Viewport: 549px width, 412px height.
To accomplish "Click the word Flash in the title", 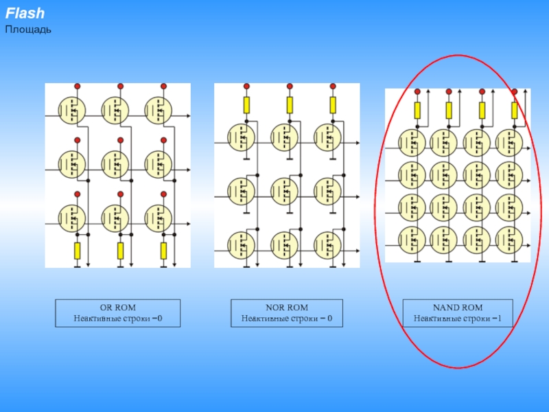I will (x=25, y=14).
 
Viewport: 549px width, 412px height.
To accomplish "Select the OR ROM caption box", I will (x=118, y=312).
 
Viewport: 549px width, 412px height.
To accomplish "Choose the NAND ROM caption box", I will (x=458, y=312).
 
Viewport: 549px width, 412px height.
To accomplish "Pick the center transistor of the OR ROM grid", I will (x=115, y=164).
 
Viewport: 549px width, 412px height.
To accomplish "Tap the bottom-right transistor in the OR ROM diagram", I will (x=159, y=218).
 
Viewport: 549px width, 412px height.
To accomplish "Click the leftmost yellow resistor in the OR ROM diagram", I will (x=77, y=251).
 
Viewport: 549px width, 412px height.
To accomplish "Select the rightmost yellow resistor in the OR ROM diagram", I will (x=163, y=251).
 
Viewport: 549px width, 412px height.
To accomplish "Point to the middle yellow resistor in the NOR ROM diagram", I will (x=290, y=104).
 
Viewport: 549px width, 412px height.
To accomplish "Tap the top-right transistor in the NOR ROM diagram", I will (x=327, y=136).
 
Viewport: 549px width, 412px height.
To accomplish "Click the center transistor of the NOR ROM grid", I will (x=284, y=190).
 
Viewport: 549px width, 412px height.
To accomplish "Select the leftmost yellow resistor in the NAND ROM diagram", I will (x=417, y=110).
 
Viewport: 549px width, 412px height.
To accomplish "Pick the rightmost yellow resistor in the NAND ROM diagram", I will (x=514, y=110).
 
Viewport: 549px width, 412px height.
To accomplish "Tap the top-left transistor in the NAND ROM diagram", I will (x=412, y=142).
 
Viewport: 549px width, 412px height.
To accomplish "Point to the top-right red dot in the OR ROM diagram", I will (x=163, y=87).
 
